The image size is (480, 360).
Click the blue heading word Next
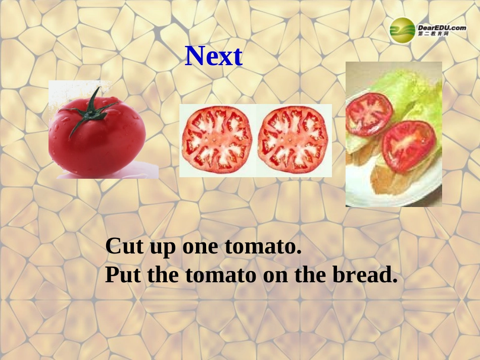[214, 57]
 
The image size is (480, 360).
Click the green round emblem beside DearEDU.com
[402, 30]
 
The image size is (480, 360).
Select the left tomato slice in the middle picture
[217, 140]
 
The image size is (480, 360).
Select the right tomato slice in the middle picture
[293, 140]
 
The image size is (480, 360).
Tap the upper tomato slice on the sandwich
[368, 114]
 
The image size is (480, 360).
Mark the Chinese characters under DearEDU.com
[433, 34]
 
